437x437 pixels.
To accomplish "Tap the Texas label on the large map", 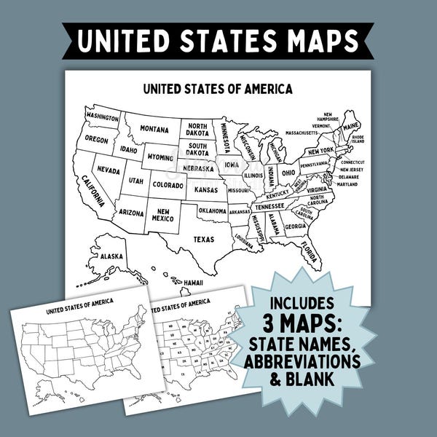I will [x=203, y=238].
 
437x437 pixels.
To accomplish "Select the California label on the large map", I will [x=93, y=191].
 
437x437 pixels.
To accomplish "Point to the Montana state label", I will [x=154, y=129].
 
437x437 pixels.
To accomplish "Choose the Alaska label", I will [x=111, y=256].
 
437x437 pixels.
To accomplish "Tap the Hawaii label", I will [x=193, y=282].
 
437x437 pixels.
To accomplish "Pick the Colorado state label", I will [x=168, y=185].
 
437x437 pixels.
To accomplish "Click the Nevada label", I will [x=109, y=170].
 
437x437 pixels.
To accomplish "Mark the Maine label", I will [x=350, y=125].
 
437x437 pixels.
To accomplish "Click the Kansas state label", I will [x=206, y=189].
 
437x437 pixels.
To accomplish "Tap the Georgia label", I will [x=295, y=226].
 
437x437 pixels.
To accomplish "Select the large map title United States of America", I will [x=218, y=90].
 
